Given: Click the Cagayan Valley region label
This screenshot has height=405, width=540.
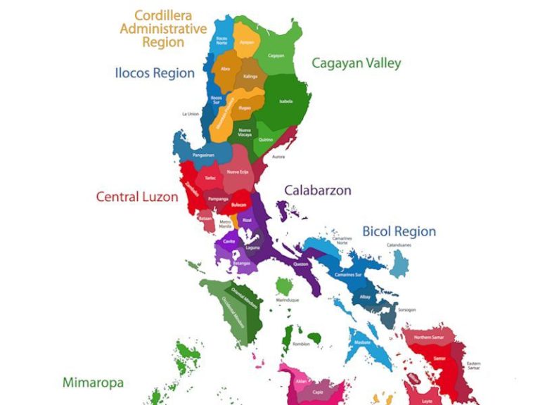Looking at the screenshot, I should pyautogui.click(x=356, y=63).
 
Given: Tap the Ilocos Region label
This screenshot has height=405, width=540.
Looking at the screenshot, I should pyautogui.click(x=155, y=73).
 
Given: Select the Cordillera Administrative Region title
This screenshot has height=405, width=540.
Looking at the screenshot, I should pyautogui.click(x=163, y=29).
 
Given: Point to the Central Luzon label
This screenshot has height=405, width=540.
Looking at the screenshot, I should pyautogui.click(x=137, y=197).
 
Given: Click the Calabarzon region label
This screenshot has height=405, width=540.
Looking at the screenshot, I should pyautogui.click(x=317, y=191).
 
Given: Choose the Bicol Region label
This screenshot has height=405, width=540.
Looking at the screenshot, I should pyautogui.click(x=399, y=231).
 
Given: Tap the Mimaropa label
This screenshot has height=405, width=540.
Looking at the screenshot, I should pyautogui.click(x=93, y=383).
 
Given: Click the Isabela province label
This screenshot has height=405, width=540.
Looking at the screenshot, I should pyautogui.click(x=285, y=101).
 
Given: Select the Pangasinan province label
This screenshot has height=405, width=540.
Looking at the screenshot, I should pyautogui.click(x=203, y=155).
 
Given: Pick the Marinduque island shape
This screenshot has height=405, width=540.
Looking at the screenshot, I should pyautogui.click(x=284, y=286).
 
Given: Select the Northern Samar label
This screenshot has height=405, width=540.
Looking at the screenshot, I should pyautogui.click(x=428, y=337).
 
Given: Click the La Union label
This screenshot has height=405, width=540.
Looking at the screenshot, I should pyautogui.click(x=191, y=113).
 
